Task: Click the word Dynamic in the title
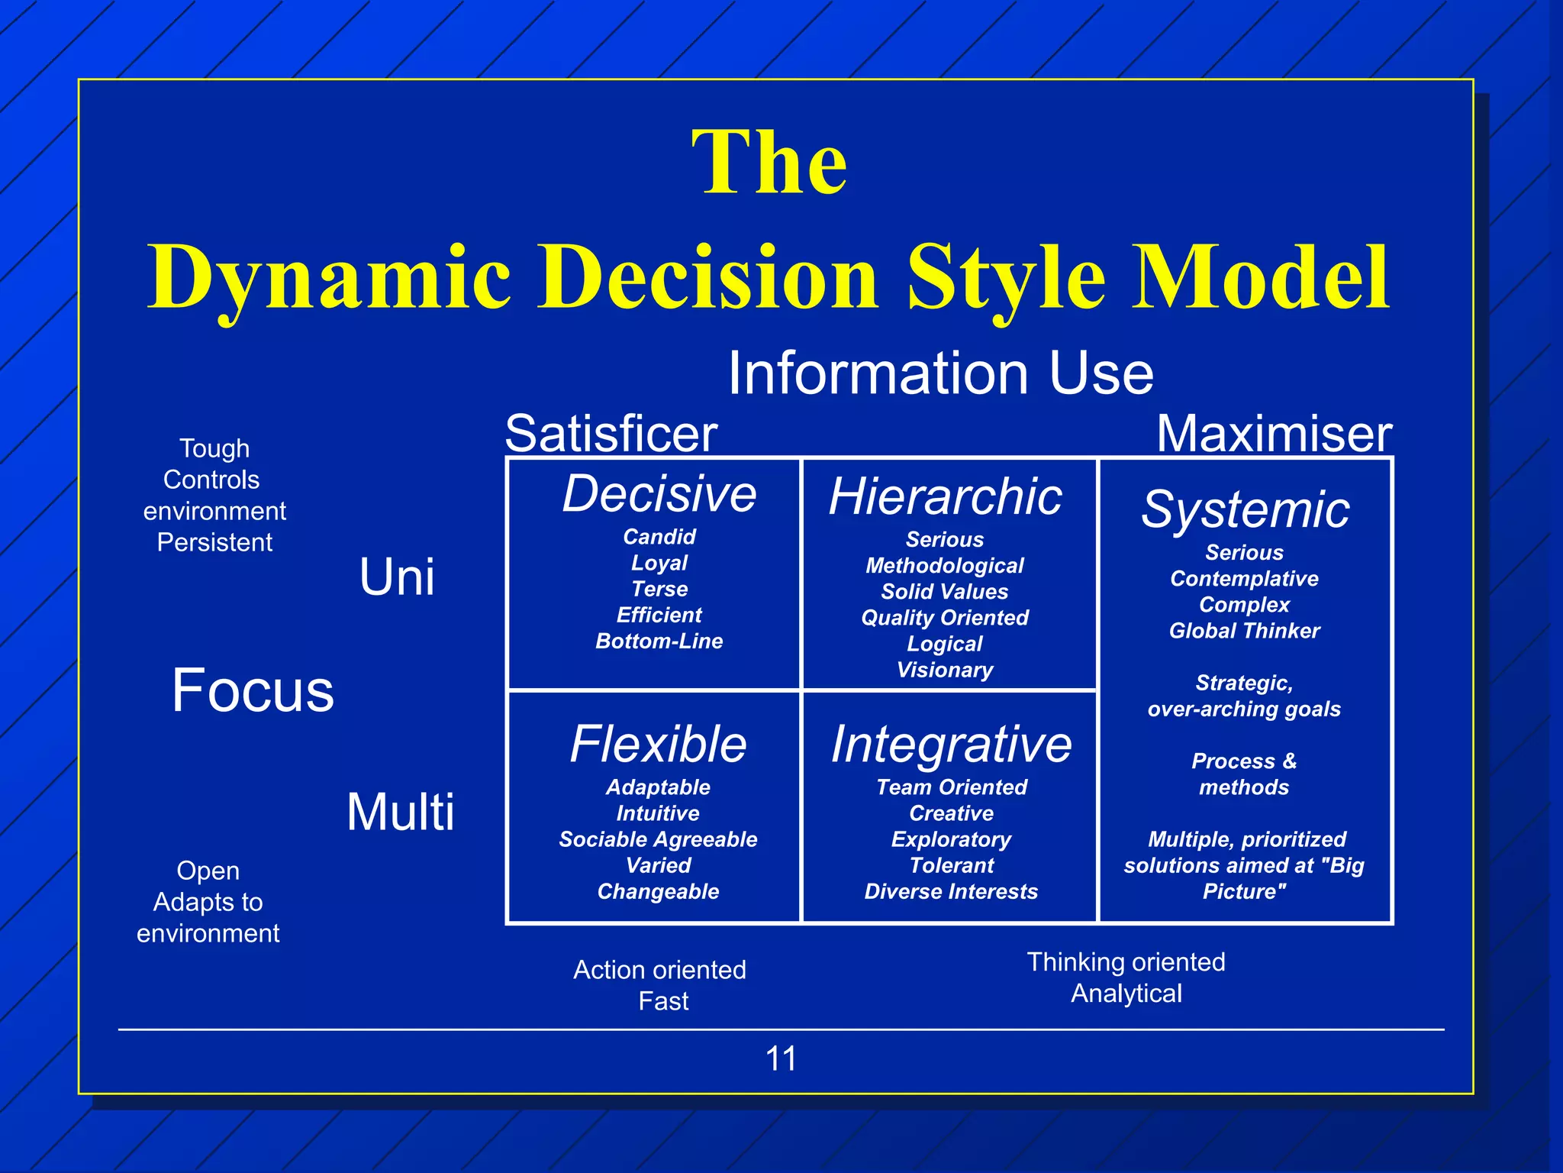[328, 277]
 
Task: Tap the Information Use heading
[940, 373]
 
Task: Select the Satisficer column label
[611, 433]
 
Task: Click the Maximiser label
[1274, 433]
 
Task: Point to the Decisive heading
[659, 493]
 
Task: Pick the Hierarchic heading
[945, 496]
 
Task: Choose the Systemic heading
[1245, 509]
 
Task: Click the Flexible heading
[658, 744]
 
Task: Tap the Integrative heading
[951, 744]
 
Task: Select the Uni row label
[397, 577]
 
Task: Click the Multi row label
[400, 811]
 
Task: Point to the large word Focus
[253, 690]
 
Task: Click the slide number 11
[781, 1058]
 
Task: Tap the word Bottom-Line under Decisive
[659, 641]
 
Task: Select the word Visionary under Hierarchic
[945, 670]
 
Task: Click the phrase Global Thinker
[1244, 631]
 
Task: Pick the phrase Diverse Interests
[951, 891]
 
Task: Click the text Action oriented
[659, 970]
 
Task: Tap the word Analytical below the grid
[1126, 994]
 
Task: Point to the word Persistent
[214, 542]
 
